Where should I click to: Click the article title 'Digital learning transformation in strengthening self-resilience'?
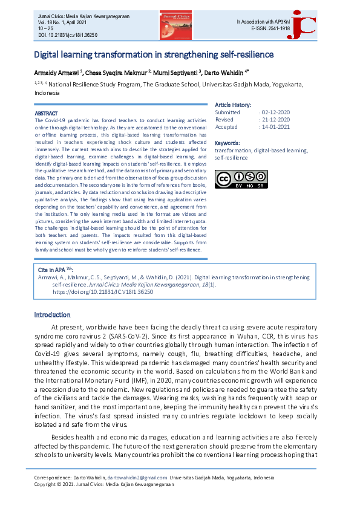[154, 55]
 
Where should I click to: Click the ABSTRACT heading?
[47, 114]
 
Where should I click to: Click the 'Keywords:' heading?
[227, 143]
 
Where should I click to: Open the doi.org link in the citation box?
[103, 291]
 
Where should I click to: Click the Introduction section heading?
[52, 315]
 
